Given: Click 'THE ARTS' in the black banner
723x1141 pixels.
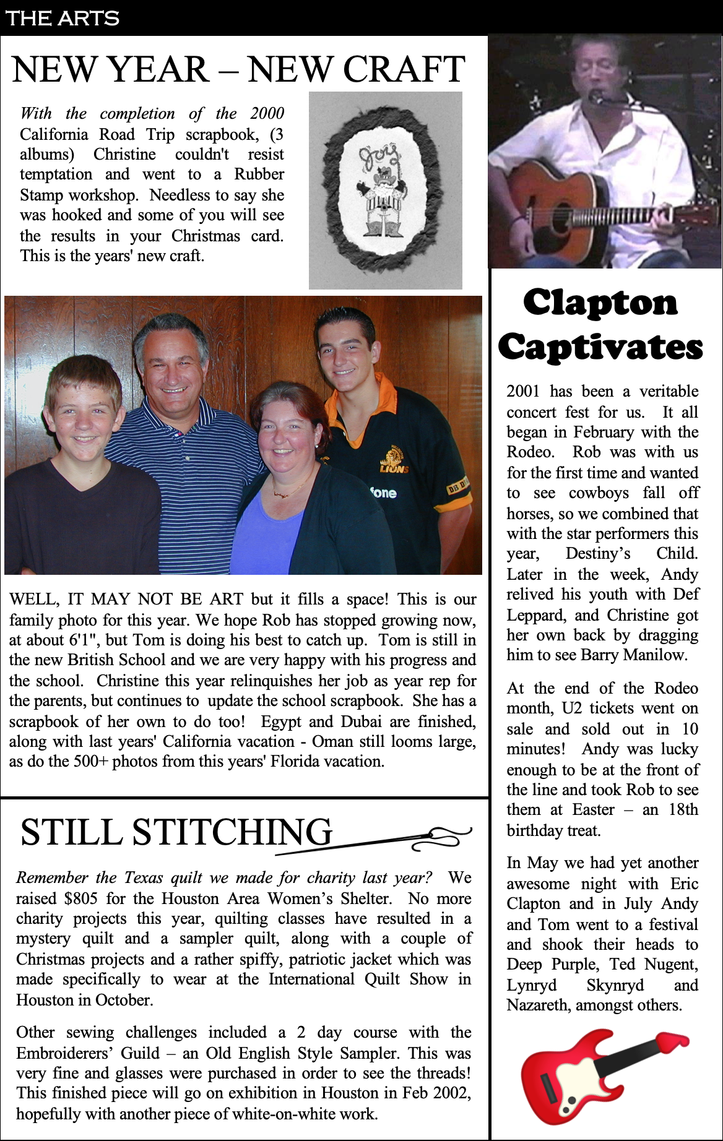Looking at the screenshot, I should coord(62,18).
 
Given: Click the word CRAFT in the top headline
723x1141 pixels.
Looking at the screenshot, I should coord(404,69).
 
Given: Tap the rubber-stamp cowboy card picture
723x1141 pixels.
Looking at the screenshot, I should coord(385,190).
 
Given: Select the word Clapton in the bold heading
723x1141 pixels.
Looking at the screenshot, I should coord(600,303).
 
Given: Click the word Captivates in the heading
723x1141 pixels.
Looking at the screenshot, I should coord(600,347).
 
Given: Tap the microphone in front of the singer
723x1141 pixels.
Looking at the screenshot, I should coord(596,97).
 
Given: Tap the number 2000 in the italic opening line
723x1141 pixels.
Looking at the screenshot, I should coord(267,114).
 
